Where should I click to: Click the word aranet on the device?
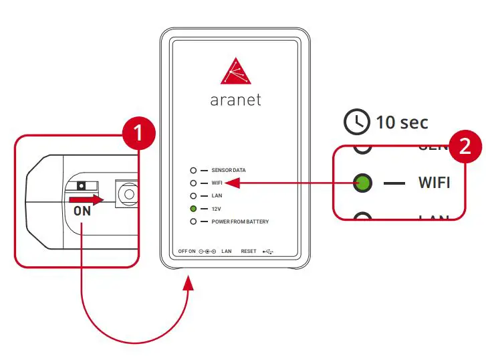(x=235, y=100)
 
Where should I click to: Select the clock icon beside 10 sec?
(x=356, y=122)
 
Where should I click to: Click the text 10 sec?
(x=402, y=122)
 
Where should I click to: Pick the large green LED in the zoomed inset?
(x=363, y=182)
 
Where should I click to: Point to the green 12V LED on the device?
(x=193, y=209)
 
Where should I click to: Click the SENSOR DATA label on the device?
(x=233, y=171)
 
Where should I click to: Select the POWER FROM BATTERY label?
(x=240, y=221)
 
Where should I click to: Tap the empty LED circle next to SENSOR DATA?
(x=193, y=171)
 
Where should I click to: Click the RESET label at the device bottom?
(x=249, y=252)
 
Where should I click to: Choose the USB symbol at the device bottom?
(x=269, y=252)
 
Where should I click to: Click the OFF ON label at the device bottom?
(x=187, y=252)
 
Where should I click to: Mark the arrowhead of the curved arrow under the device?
(x=189, y=280)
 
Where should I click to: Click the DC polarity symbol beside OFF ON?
(x=207, y=252)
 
